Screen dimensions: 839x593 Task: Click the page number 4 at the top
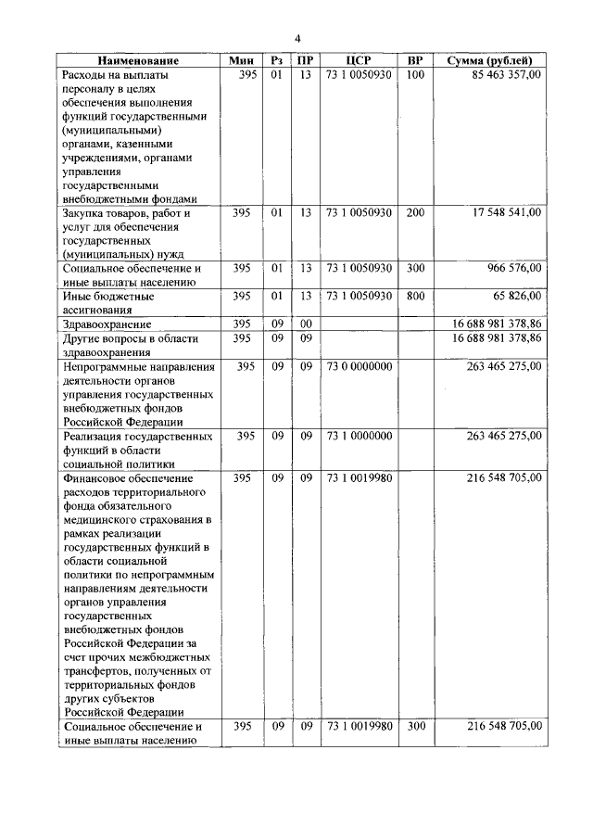tap(297, 38)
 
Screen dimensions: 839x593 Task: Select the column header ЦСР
tap(358, 60)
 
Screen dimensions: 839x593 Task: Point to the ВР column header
tap(415, 60)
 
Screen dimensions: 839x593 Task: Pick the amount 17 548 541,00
tap(498, 212)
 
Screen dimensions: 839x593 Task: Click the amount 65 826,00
tap(513, 296)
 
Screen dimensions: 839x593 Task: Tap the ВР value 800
tap(415, 296)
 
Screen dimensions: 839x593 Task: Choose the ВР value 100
tap(415, 74)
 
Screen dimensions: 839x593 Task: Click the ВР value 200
tap(415, 212)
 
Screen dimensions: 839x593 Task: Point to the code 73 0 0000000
tap(359, 366)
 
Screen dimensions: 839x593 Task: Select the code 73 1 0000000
tap(359, 435)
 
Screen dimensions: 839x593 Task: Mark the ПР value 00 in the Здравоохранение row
tap(305, 324)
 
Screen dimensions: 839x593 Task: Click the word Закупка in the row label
tap(84, 212)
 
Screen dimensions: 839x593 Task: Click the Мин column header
tap(243, 60)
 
